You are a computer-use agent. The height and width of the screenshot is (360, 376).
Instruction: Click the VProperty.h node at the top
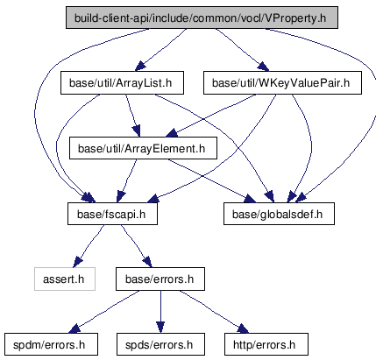tap(202, 18)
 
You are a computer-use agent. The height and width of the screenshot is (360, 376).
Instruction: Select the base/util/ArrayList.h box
tap(122, 83)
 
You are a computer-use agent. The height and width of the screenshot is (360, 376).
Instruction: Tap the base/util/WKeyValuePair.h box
tap(282, 83)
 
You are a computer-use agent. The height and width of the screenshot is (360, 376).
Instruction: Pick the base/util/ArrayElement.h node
tap(143, 148)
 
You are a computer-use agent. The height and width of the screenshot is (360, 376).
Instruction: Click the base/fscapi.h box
tap(112, 214)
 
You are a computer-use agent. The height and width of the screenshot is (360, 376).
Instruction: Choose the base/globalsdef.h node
tap(279, 214)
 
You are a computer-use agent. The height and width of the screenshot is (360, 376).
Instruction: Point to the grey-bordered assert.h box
tap(65, 279)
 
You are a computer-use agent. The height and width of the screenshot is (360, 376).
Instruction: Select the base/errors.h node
tap(160, 279)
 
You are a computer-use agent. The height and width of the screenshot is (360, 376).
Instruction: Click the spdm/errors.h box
tap(51, 344)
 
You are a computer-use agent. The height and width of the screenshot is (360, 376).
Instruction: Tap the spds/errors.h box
tap(160, 344)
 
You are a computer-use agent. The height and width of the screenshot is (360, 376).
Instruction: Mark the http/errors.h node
tap(266, 344)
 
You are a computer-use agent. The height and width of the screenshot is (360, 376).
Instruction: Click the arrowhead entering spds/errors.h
tap(160, 327)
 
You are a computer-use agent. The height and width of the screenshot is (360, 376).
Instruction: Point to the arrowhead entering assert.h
tap(77, 262)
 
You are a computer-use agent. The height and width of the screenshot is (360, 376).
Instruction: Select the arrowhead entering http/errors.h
tap(243, 328)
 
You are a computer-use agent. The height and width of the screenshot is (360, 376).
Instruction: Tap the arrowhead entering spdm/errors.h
tap(74, 328)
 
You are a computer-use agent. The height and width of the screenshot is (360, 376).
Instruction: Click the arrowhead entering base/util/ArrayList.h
tap(140, 66)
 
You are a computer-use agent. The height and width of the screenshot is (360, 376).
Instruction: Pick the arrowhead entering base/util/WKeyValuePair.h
tap(263, 67)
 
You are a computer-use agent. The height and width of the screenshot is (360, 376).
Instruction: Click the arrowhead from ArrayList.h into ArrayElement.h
tap(137, 131)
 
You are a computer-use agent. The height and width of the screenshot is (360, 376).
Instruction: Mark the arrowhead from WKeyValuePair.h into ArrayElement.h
tap(172, 133)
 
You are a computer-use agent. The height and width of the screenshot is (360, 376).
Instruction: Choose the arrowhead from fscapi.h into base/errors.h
tap(147, 262)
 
